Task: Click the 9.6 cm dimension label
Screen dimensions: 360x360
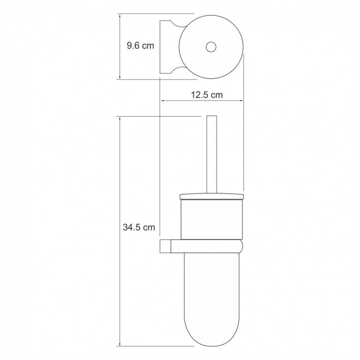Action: pos(140,46)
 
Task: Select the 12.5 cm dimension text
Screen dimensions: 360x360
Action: pos(207,95)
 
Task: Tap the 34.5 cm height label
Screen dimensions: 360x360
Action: pos(139,228)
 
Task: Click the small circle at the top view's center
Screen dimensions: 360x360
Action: pos(211,47)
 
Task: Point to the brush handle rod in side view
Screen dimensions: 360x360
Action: pos(212,154)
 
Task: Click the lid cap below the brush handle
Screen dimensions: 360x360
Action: pos(212,196)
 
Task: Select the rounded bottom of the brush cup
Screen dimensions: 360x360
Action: pos(212,331)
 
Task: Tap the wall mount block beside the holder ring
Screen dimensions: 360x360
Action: pos(165,246)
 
